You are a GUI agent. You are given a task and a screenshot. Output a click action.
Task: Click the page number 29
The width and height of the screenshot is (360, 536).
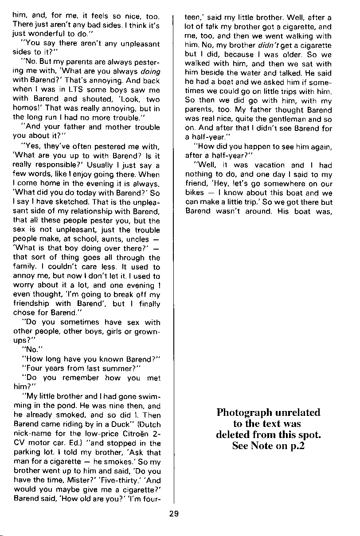coord(174,514)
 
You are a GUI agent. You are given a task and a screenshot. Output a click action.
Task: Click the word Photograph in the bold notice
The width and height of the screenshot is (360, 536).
coord(243,412)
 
